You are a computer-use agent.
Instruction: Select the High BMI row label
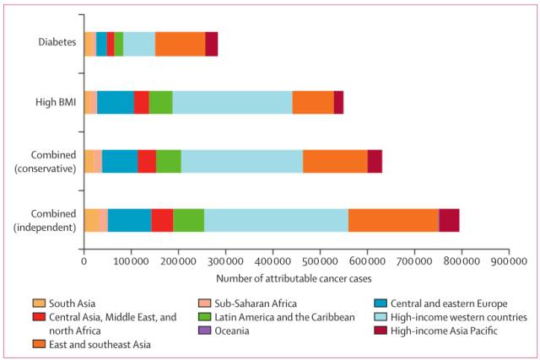click(54, 102)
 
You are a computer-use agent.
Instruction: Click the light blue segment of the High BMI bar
click(232, 101)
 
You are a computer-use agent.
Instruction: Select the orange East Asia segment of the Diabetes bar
click(180, 43)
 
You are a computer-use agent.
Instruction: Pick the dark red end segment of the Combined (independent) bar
click(449, 219)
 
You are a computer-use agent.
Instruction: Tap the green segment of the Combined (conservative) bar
click(168, 160)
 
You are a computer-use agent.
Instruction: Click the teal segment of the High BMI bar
click(115, 101)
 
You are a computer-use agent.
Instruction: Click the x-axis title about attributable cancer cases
click(295, 278)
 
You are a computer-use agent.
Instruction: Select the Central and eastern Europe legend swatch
click(379, 303)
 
